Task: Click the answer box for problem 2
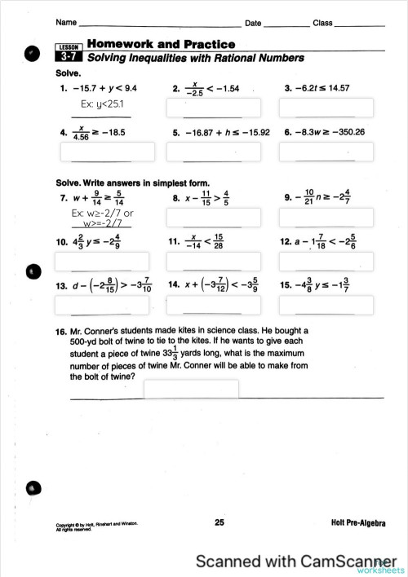213,108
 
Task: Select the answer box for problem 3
326,108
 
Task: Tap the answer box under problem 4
107,152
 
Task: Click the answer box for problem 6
326,152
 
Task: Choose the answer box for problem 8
213,217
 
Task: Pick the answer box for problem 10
102,262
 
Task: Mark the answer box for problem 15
326,304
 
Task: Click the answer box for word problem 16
191,390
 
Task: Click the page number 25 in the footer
220,522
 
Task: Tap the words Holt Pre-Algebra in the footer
358,522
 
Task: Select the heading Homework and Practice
161,44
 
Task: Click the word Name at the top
67,23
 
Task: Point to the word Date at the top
253,23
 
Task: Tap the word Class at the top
322,23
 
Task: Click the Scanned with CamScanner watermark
287,562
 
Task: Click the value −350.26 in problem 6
345,132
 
